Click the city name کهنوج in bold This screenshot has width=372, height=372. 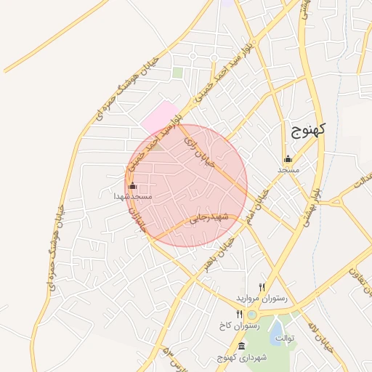(x=309, y=130)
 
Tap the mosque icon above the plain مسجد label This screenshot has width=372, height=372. (x=288, y=159)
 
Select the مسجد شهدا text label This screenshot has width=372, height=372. (x=133, y=196)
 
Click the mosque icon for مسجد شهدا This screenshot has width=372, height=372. (x=132, y=186)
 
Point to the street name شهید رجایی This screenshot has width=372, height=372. (x=210, y=217)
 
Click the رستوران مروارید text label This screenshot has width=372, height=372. (x=262, y=298)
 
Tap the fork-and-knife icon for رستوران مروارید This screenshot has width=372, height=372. (x=262, y=287)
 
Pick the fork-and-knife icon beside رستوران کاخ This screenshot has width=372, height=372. (x=239, y=315)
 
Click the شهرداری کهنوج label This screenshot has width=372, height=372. (x=241, y=357)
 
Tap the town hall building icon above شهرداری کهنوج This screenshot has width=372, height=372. (x=241, y=346)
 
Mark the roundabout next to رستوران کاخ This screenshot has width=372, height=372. (x=252, y=315)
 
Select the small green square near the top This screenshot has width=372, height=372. (x=178, y=73)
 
